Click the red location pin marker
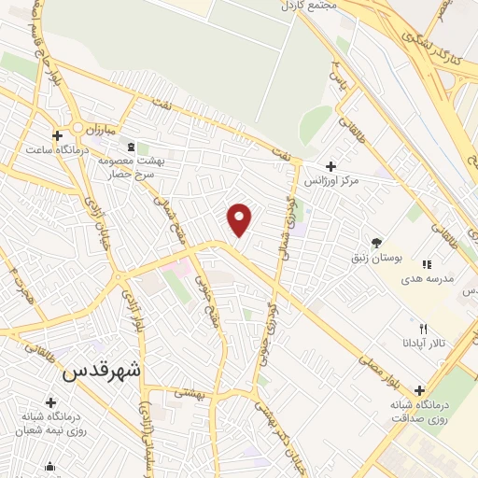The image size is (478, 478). (x=240, y=220)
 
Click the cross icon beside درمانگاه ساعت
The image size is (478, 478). (x=59, y=134)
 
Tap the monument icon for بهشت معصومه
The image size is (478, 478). (x=131, y=147)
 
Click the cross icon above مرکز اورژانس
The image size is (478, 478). (x=331, y=165)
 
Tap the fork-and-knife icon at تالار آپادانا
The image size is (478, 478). (x=423, y=329)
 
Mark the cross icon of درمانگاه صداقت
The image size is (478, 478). (x=419, y=389)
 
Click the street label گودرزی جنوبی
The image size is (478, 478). (x=270, y=323)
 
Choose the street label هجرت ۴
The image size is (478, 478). (x=15, y=281)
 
